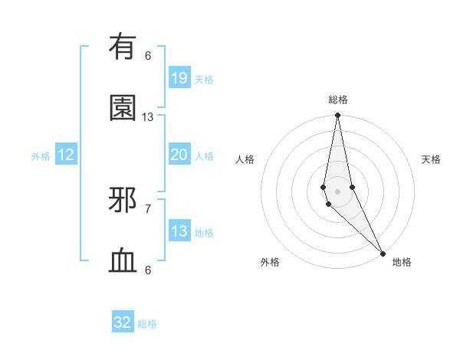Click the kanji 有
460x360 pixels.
tap(123, 47)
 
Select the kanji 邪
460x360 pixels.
tap(123, 201)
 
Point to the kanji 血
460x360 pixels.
tap(123, 261)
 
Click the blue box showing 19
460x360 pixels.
tap(179, 78)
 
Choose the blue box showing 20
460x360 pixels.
tap(179, 155)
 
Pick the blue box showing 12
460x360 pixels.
tap(66, 155)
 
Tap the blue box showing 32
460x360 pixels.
tap(123, 322)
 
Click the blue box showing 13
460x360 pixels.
tap(179, 231)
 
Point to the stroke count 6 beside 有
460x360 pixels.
tap(148, 55)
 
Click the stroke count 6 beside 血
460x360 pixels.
tap(148, 270)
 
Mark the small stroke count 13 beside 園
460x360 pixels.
tap(148, 116)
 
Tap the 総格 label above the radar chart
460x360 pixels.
tap(338, 100)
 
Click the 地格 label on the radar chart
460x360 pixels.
tap(402, 262)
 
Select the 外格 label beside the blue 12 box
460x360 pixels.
tap(41, 156)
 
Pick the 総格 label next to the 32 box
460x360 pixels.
tap(147, 324)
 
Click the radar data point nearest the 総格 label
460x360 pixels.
tap(337, 116)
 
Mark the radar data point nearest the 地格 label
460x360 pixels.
tap(383, 252)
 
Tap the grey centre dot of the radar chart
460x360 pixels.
tap(337, 191)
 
